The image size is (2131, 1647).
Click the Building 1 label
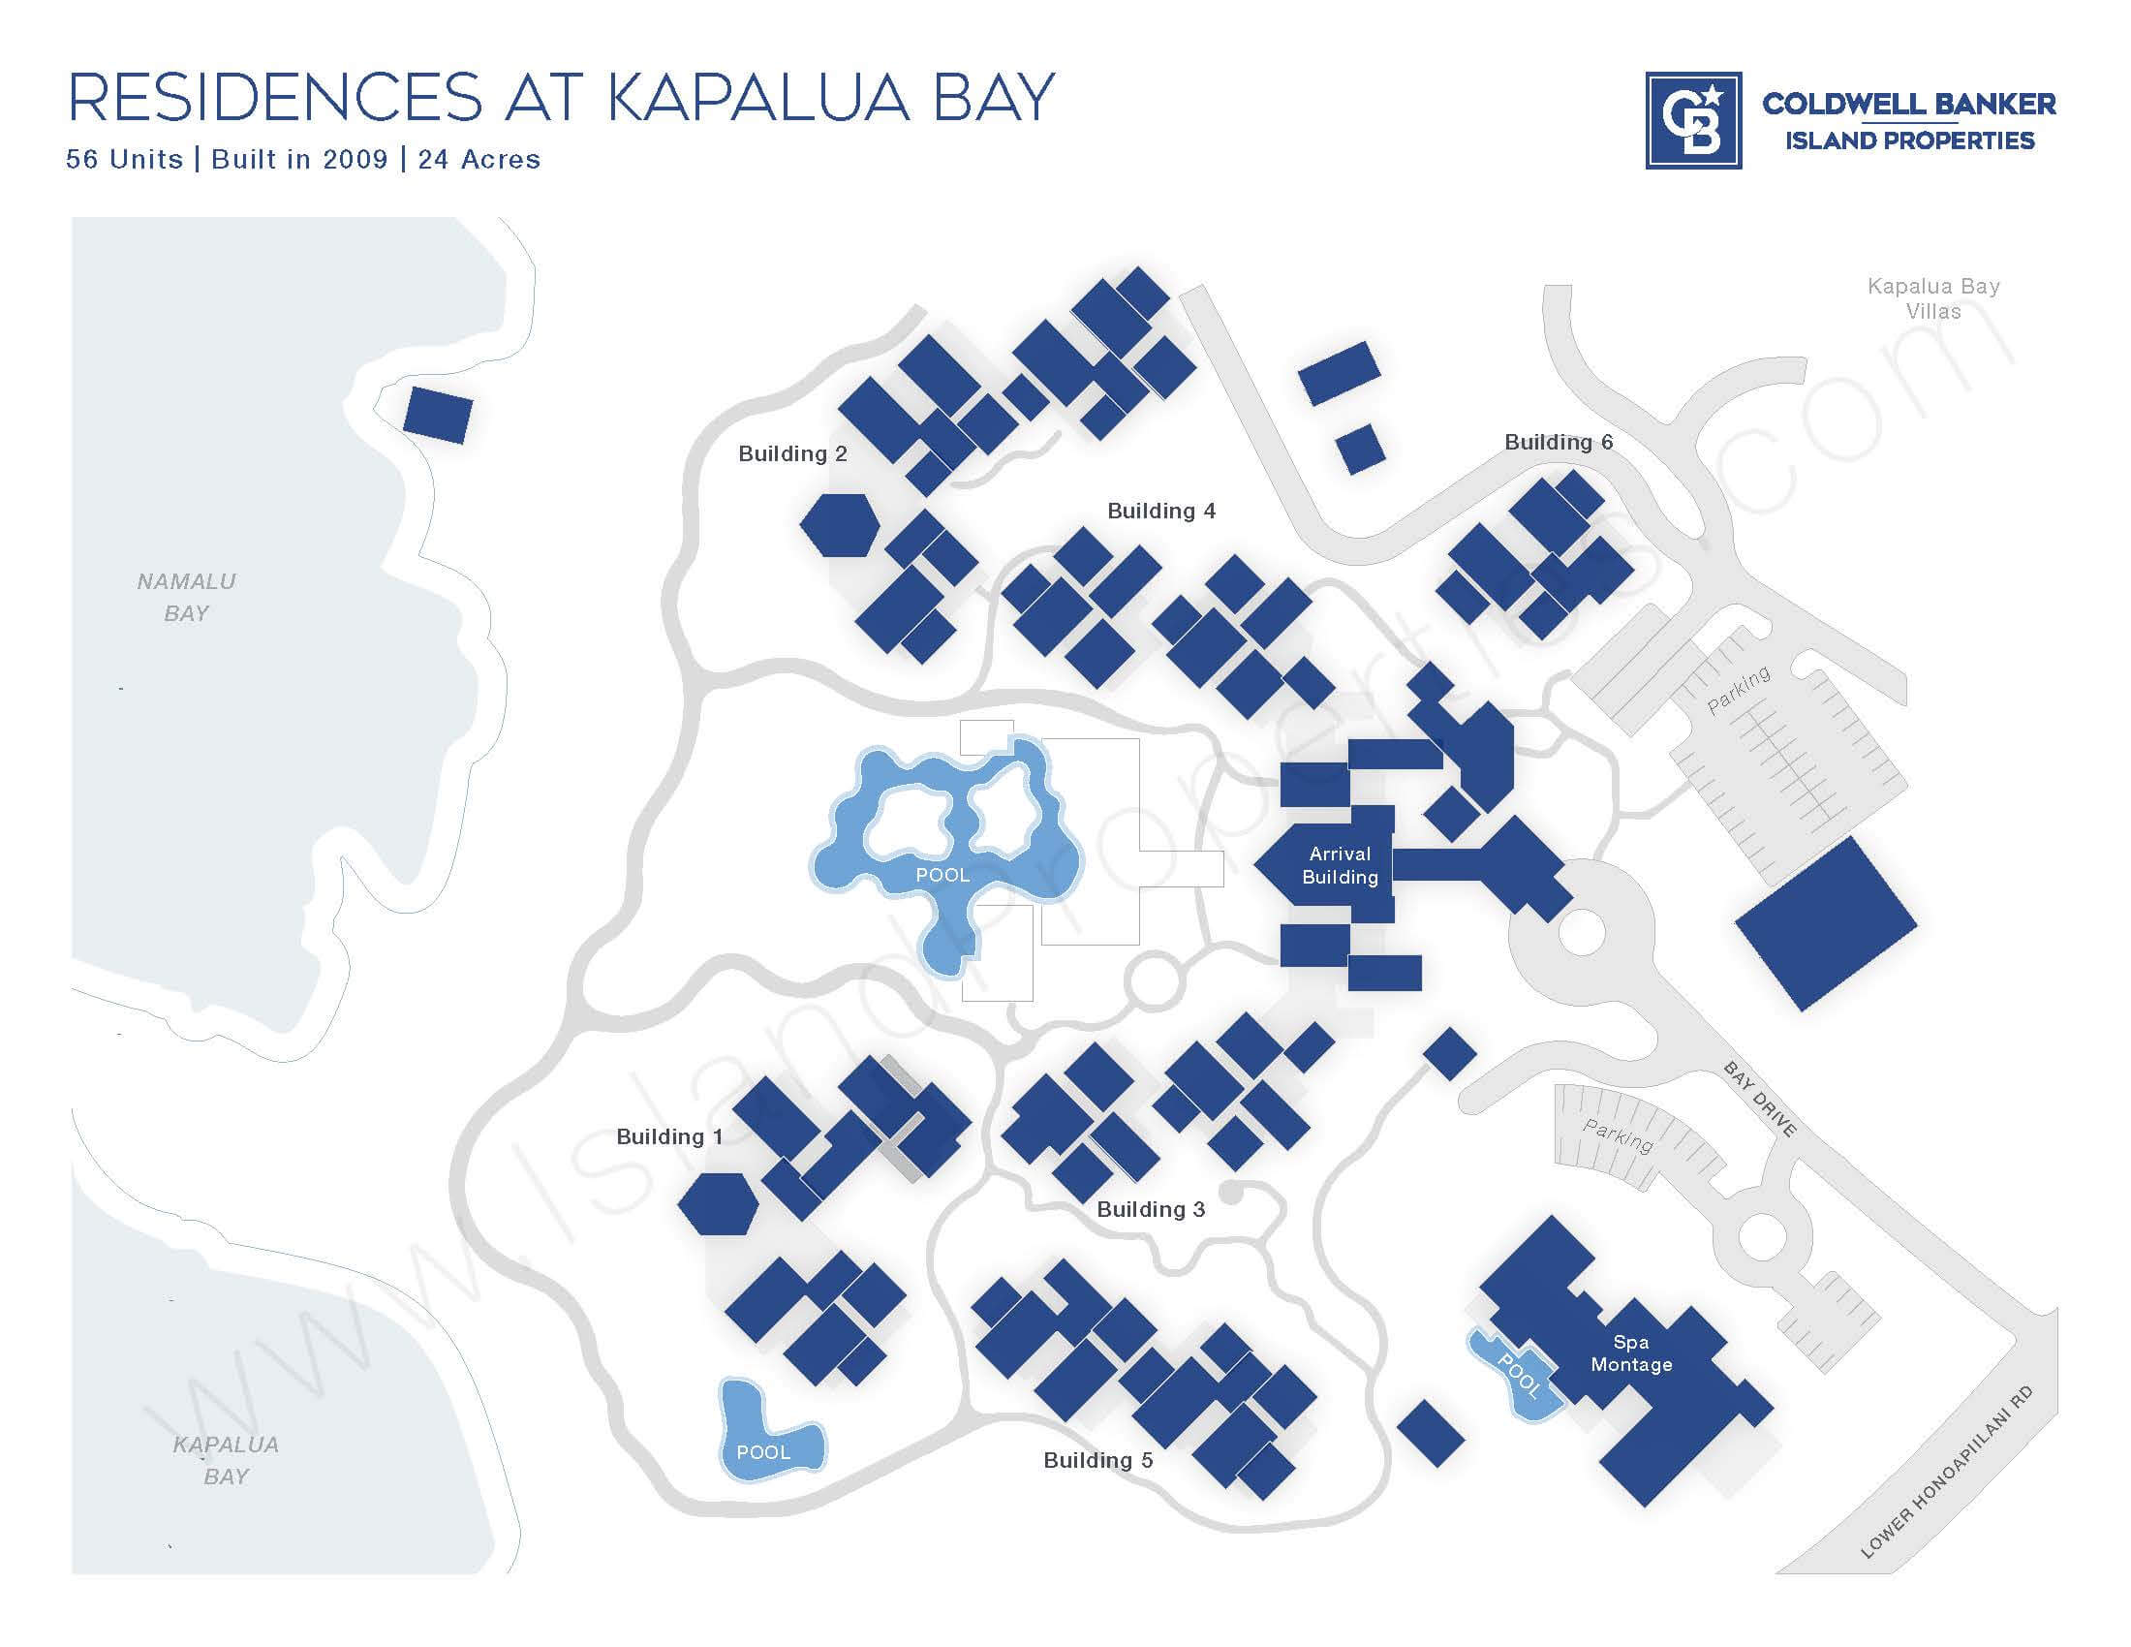click(669, 1136)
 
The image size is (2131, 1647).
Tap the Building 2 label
click(792, 453)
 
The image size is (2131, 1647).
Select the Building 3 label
click(1151, 1210)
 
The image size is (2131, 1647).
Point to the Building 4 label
click(1161, 512)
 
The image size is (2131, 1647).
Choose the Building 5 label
click(1097, 1461)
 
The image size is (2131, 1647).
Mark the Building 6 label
click(1559, 442)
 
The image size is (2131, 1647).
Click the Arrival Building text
click(1340, 865)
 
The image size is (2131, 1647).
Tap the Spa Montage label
click(1631, 1353)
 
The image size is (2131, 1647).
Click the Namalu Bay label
click(186, 597)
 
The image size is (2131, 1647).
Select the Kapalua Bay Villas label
click(1933, 298)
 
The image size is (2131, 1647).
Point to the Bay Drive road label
click(1759, 1100)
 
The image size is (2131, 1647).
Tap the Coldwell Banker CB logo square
click(1693, 121)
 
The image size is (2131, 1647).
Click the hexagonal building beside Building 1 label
click(718, 1204)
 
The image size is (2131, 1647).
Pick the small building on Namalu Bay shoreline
click(438, 415)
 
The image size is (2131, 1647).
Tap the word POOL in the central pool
click(942, 875)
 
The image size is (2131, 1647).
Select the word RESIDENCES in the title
click(274, 97)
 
